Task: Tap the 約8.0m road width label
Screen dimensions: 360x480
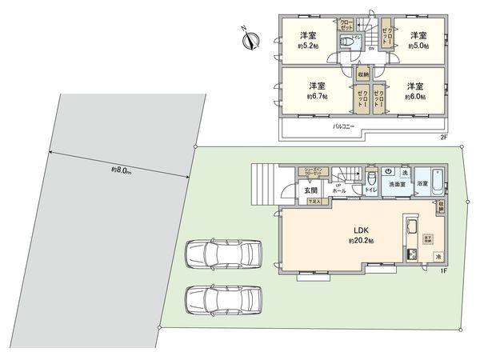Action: pos(122,170)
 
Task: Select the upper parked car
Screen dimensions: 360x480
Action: pos(223,254)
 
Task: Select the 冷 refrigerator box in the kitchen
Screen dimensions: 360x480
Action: pos(437,255)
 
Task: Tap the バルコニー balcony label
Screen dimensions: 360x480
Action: pos(345,126)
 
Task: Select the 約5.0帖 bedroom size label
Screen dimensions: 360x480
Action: pos(415,46)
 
